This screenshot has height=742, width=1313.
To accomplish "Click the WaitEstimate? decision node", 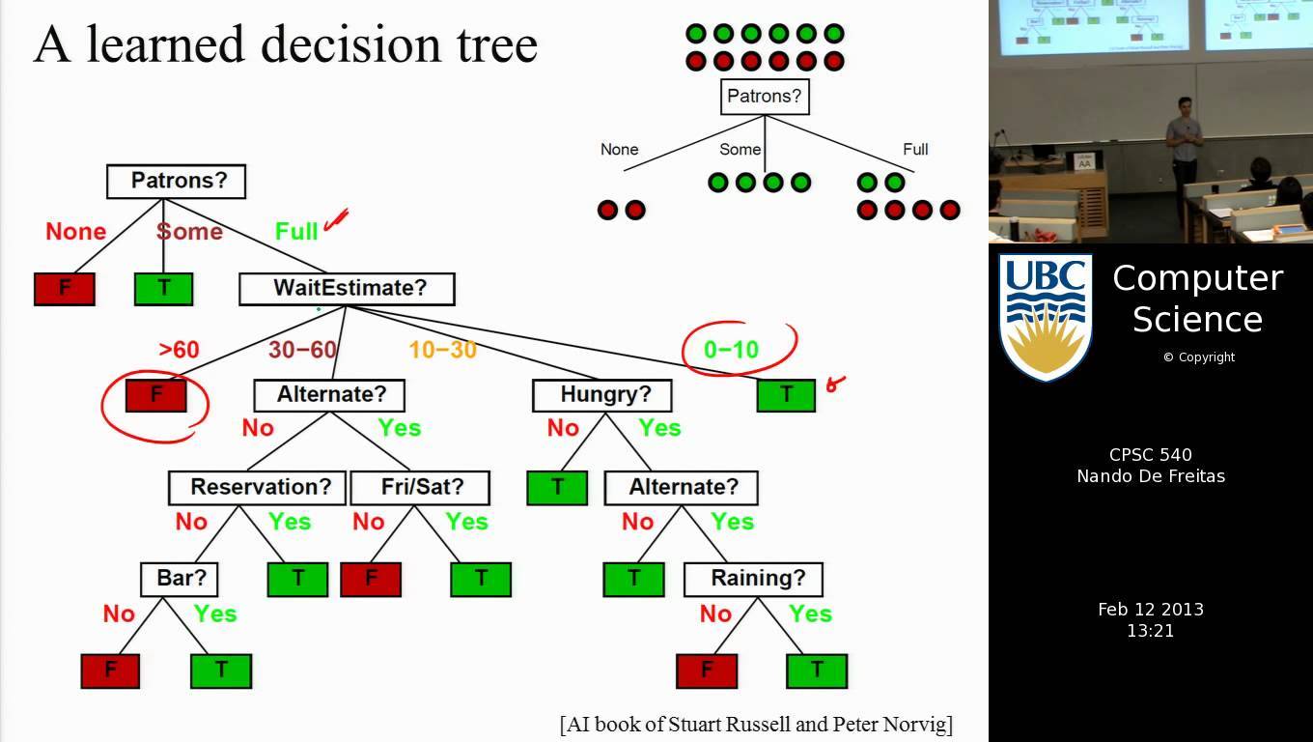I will (347, 288).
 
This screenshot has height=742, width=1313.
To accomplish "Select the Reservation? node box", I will (260, 487).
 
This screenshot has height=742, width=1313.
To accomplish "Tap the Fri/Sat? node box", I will (421, 487).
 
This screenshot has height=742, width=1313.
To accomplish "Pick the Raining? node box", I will (753, 579).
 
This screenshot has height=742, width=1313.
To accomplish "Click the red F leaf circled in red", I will (156, 395).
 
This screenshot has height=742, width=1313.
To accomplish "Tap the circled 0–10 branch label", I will (731, 350).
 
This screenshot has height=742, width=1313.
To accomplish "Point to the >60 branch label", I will (179, 350).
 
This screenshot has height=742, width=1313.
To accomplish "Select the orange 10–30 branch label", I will (443, 350).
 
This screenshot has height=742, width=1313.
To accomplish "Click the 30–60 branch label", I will (302, 350).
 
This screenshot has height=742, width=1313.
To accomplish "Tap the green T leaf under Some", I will (163, 289).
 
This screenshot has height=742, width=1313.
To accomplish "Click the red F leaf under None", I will (65, 289).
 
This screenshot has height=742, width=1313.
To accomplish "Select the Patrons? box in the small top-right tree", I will (765, 97).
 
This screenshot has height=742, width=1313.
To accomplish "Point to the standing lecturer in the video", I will (1185, 145).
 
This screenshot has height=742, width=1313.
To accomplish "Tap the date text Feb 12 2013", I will (1151, 610).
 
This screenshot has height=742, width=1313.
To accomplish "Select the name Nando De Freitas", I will (1151, 475).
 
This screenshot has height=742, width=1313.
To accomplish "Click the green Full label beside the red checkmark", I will (296, 232).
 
